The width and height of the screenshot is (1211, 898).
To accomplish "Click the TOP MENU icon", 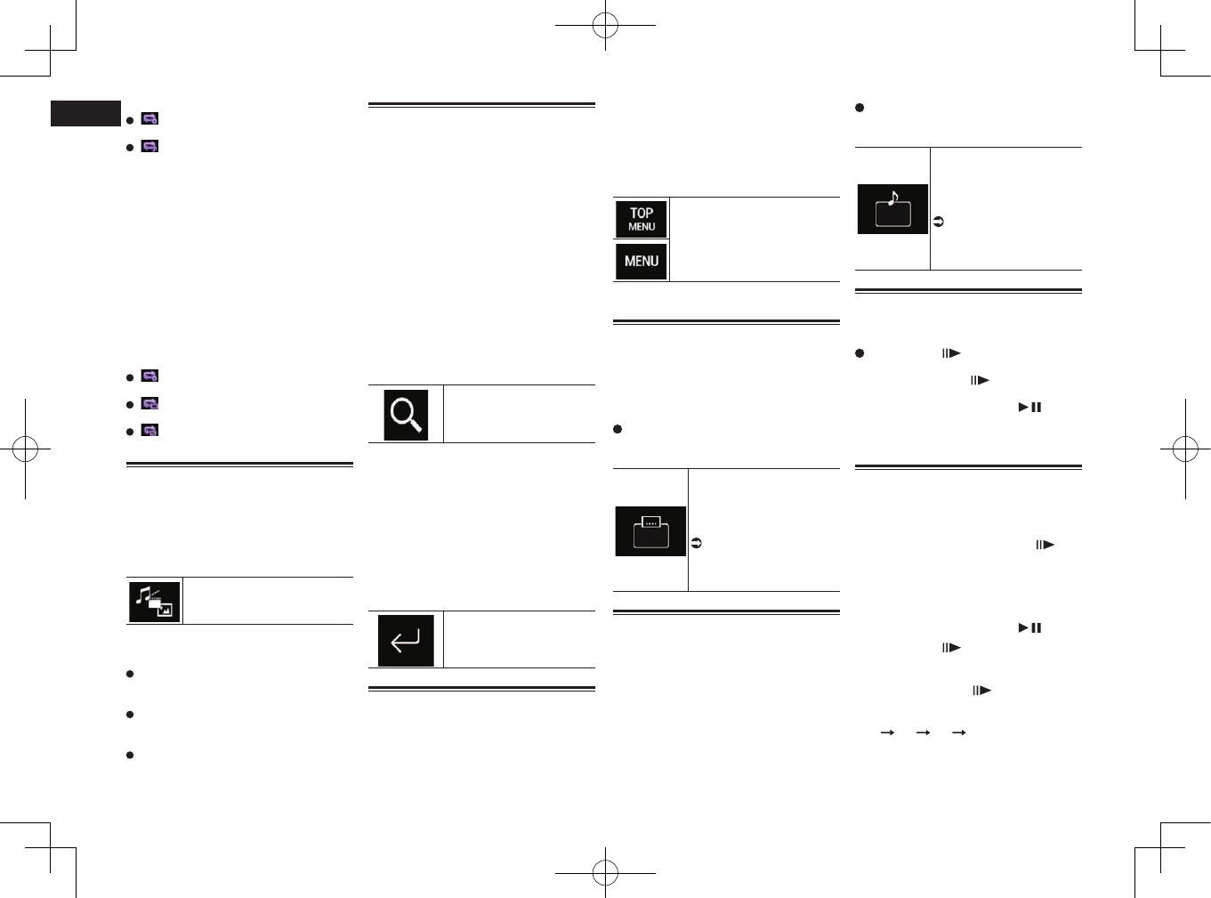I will point(641,219).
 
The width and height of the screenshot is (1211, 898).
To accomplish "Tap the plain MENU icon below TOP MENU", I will point(641,261).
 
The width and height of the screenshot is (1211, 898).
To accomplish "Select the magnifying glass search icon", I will point(406,415).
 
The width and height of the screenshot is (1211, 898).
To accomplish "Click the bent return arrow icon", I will point(406,640).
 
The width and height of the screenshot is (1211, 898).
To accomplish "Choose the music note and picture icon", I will point(154,602).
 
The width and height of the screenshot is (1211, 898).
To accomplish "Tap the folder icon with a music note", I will point(892,209).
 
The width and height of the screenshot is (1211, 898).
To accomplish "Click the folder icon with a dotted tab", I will point(650,531).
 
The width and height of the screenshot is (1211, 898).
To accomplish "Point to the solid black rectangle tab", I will point(85,114).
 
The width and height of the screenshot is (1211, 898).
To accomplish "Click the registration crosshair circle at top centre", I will point(605,25).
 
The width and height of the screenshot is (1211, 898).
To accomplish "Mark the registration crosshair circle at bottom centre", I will point(605,872).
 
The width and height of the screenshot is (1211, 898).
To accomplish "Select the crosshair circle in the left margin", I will point(25,449).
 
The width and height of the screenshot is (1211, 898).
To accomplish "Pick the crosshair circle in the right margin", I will point(1185,449).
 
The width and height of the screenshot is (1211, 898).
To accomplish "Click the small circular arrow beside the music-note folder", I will point(938,222).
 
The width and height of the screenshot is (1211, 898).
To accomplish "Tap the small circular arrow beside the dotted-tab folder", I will point(697,543).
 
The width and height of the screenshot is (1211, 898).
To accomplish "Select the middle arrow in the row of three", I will point(923,732).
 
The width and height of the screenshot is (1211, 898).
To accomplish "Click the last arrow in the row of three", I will point(958,732).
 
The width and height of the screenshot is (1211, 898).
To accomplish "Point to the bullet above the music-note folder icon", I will point(860,108).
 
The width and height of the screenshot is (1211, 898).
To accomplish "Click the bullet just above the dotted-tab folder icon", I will point(618,429).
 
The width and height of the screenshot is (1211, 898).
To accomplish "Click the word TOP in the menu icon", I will point(642,213).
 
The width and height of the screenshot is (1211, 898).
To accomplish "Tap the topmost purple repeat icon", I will point(149,118).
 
